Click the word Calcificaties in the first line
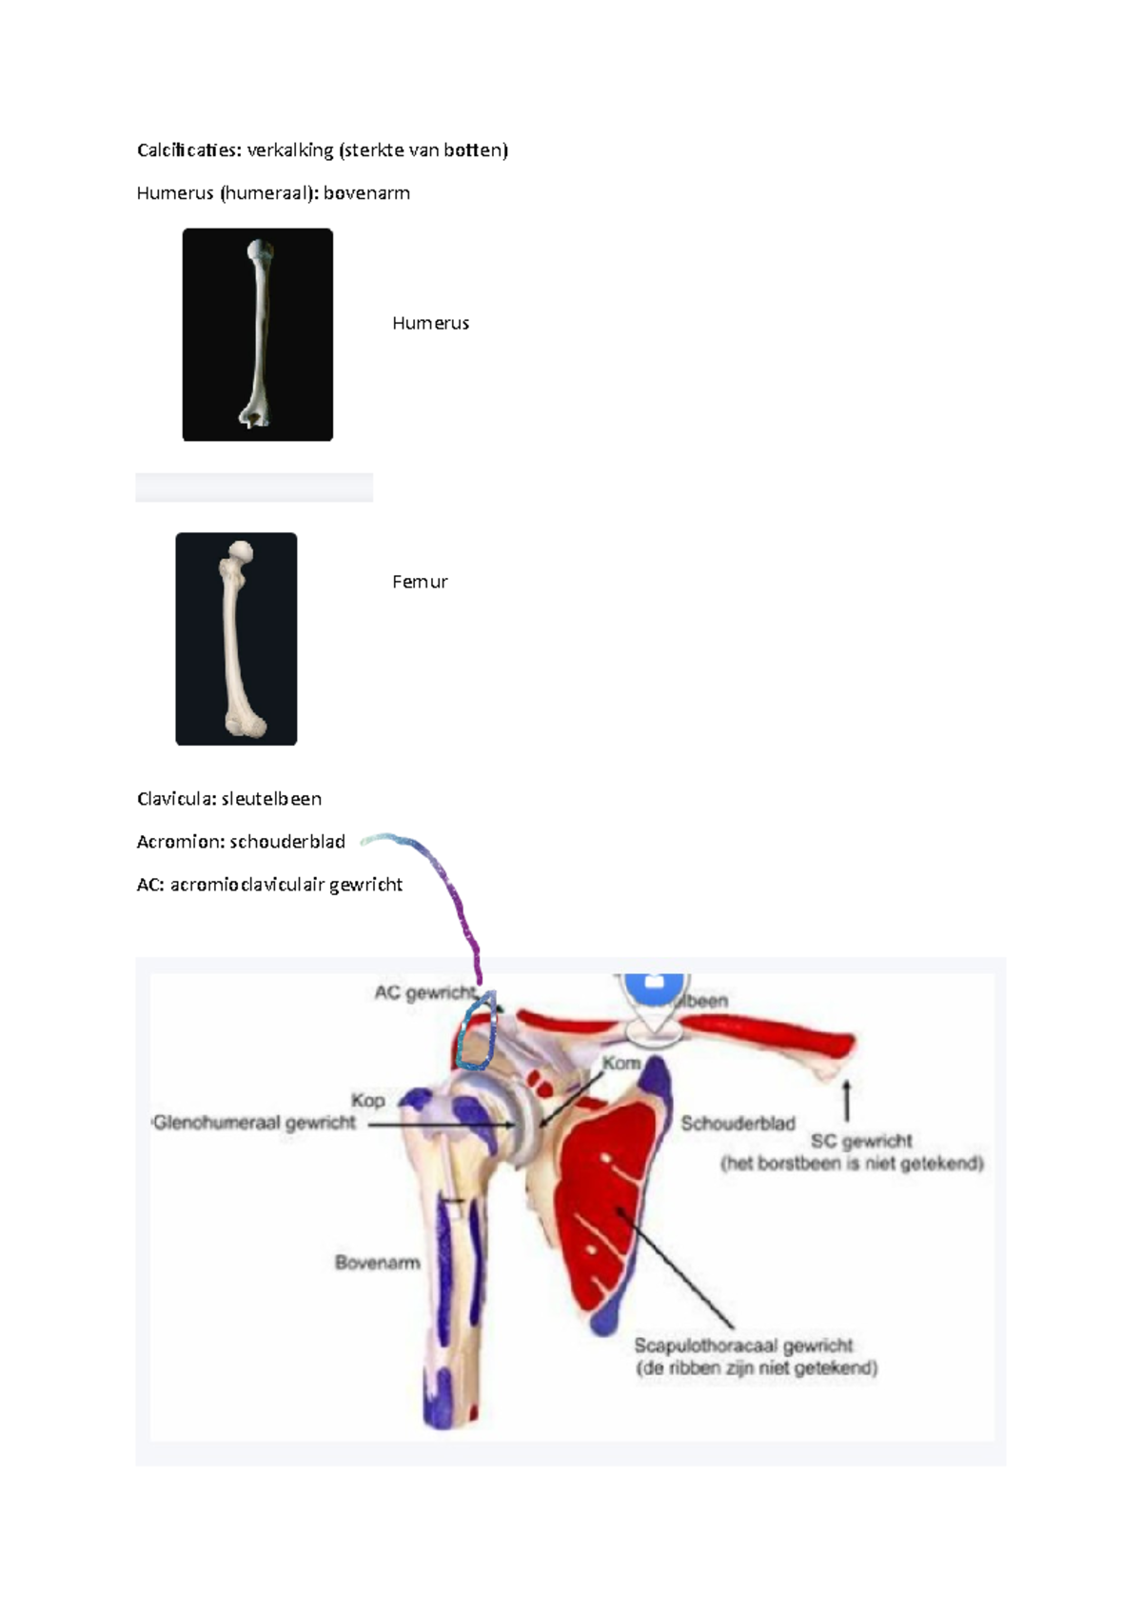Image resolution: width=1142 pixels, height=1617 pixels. pos(188,150)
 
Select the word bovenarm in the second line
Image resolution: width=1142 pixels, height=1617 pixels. pos(366,192)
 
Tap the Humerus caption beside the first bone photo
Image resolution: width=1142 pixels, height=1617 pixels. pos(430,323)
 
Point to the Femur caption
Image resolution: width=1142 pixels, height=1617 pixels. pos(420,582)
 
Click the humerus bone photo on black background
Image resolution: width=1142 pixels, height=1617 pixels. pos(258,334)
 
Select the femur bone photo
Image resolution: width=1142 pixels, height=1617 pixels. pos(236,638)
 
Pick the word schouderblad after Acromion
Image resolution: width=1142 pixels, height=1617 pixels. pos(287,842)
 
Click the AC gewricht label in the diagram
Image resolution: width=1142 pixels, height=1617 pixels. pos(423,992)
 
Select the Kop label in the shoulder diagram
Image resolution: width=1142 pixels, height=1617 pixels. pos(368,1100)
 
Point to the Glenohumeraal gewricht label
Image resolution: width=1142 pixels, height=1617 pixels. pos(254,1123)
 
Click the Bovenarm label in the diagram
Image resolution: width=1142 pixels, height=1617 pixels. pos(377,1263)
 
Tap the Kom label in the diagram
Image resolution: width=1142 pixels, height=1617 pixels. pos(620,1063)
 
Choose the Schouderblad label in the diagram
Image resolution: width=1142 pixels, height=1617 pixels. pos(738,1124)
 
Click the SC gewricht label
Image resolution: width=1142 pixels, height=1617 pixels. pos(861,1141)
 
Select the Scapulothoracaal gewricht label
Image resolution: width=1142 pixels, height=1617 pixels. pos(743,1346)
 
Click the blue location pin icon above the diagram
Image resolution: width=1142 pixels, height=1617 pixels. pos(653,990)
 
